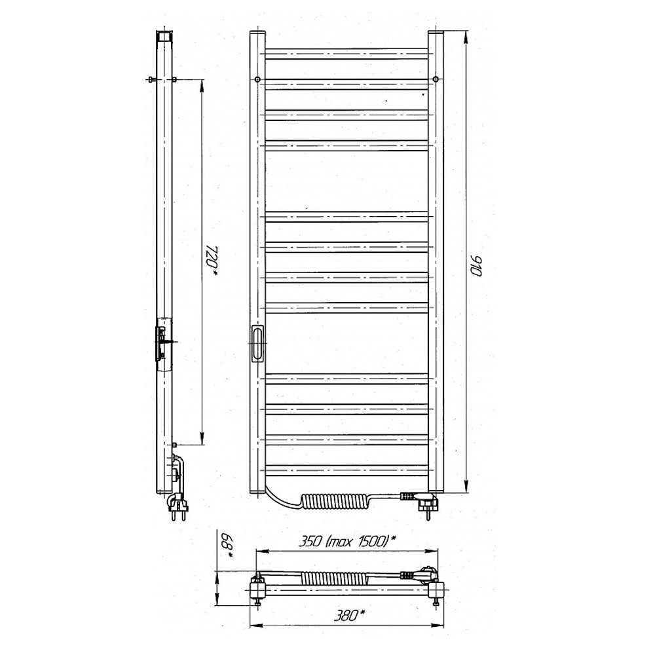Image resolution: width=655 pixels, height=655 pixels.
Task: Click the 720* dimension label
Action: pyautogui.click(x=213, y=261)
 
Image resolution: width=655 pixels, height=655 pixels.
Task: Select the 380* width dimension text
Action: pyautogui.click(x=349, y=615)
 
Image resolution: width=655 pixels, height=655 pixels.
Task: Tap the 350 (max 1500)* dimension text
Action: pyautogui.click(x=347, y=542)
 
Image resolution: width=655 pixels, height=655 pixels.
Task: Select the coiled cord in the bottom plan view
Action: pyautogui.click(x=334, y=578)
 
